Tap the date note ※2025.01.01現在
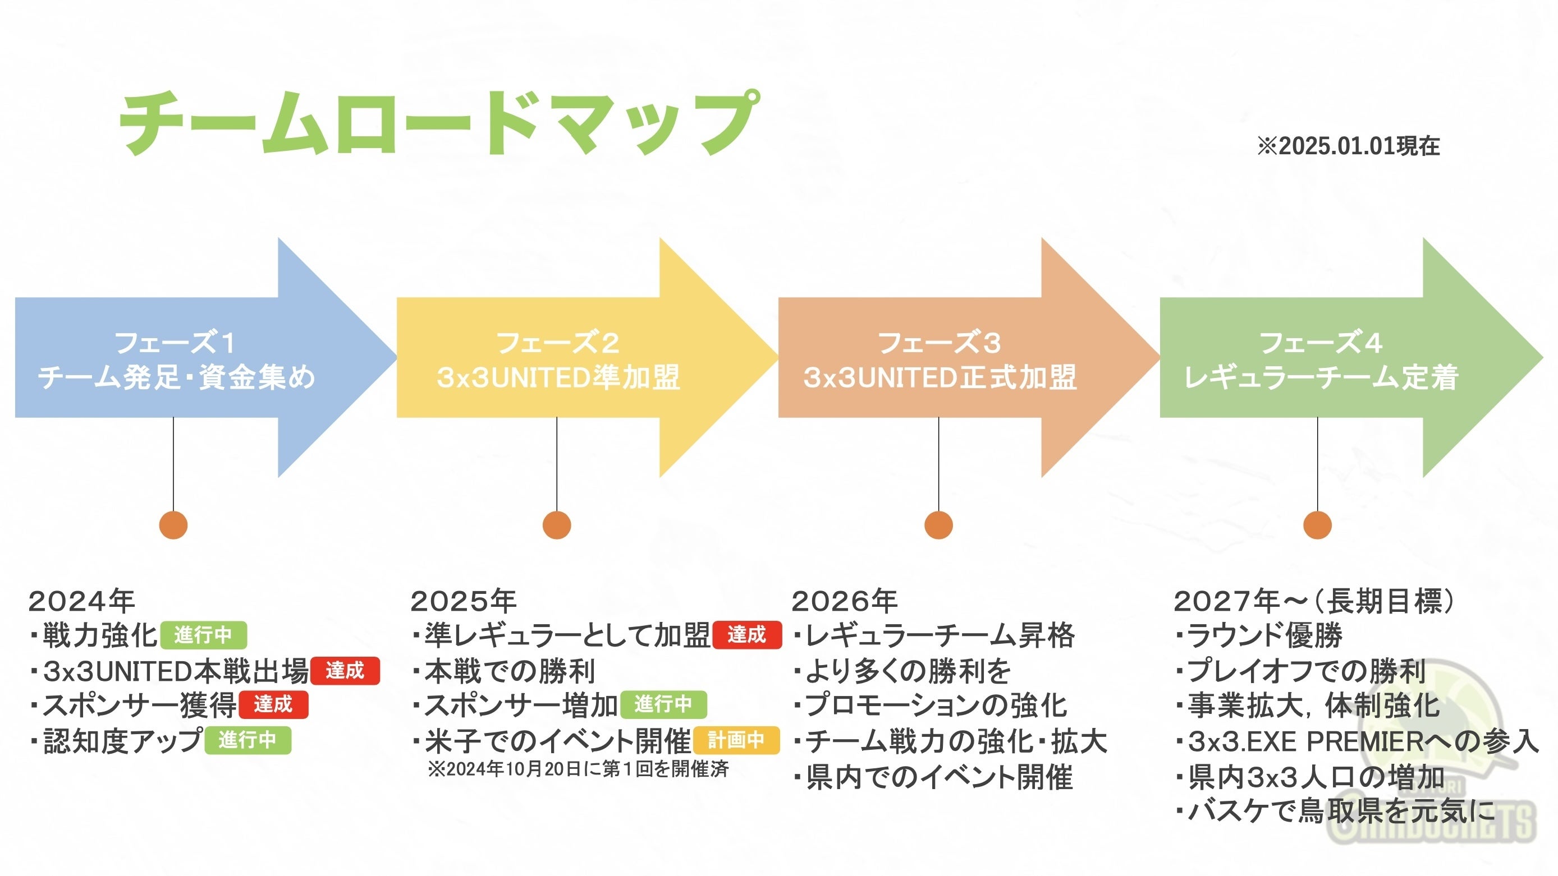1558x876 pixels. point(1348,146)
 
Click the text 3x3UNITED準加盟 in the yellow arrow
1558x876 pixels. point(558,377)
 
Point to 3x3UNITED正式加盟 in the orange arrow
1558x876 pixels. point(940,377)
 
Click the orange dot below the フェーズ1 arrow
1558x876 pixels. point(173,525)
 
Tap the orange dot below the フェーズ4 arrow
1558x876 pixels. point(1317,525)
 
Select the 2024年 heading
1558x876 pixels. point(81,601)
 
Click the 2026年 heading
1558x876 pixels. point(844,601)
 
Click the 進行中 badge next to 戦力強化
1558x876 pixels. point(203,635)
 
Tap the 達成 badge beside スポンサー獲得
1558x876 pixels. point(273,704)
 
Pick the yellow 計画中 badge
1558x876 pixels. point(736,739)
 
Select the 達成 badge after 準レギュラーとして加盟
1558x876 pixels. point(747,635)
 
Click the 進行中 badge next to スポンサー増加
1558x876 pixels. point(663,704)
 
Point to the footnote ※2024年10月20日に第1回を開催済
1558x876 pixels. point(578,769)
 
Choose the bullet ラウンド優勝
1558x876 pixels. point(1264,635)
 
